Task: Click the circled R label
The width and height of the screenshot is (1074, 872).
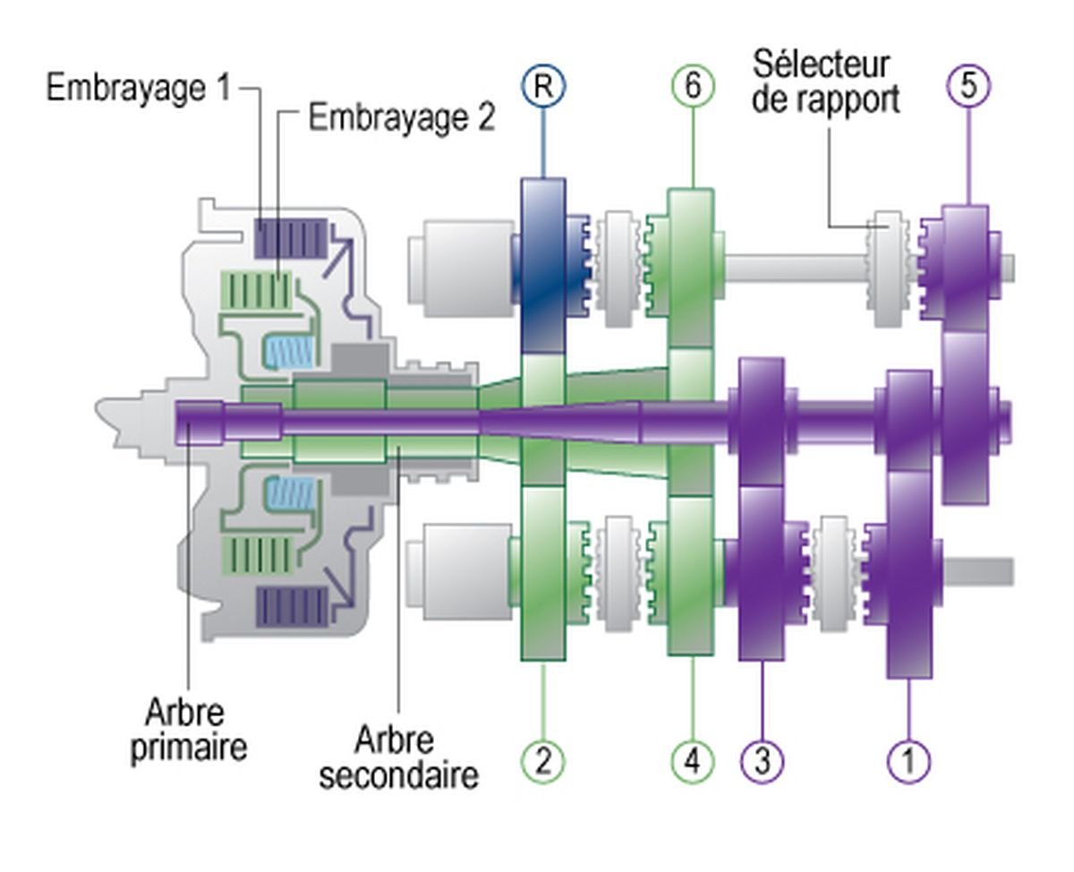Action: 542,87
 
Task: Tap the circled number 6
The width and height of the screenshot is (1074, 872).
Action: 693,87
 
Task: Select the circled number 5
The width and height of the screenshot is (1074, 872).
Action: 967,87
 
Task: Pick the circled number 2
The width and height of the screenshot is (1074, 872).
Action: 542,761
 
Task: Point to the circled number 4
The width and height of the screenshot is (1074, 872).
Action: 693,761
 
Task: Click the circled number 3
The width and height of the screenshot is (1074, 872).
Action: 762,761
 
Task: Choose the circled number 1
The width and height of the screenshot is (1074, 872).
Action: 908,761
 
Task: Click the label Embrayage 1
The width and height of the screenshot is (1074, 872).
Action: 139,90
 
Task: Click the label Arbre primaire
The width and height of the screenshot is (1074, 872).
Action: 188,731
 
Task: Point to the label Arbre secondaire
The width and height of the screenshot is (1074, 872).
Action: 397,757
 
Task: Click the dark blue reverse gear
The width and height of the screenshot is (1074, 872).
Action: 542,264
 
